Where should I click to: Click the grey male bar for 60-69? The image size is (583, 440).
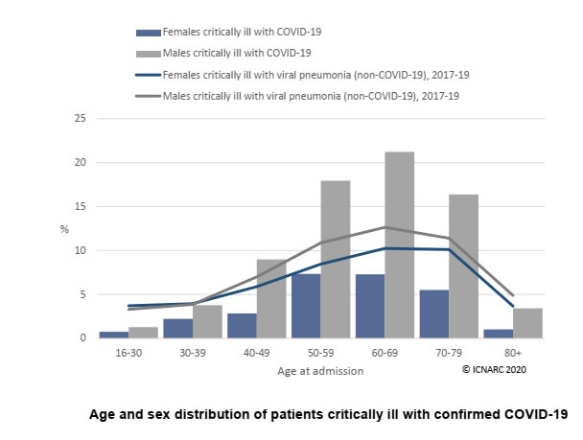pos(399,244)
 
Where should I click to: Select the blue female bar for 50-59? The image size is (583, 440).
pos(306,306)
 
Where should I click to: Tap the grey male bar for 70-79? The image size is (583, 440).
pos(464,266)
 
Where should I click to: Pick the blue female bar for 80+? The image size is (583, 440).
pos(499,334)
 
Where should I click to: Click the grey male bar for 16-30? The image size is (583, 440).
pos(143,333)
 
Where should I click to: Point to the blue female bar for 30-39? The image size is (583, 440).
pos(178,329)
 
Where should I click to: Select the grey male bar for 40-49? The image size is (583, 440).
pos(271,299)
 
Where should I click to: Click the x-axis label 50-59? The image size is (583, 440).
pos(320,353)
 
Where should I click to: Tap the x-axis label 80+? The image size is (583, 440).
pos(513,353)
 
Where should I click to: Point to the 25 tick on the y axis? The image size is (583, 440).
pos(81,118)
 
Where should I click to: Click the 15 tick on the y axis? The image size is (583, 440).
pos(81,206)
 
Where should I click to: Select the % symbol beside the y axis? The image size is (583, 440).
pos(64,230)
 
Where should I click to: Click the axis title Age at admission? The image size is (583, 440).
pos(320,371)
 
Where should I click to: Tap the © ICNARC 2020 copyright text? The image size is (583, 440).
pos(494,369)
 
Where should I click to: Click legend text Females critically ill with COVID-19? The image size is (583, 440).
pos(242,32)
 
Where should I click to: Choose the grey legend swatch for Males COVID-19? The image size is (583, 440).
pos(149,54)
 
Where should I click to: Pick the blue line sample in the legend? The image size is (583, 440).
pos(149,75)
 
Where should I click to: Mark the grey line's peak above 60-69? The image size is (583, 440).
pos(385,227)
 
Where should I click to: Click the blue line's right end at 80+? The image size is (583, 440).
pos(513,306)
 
